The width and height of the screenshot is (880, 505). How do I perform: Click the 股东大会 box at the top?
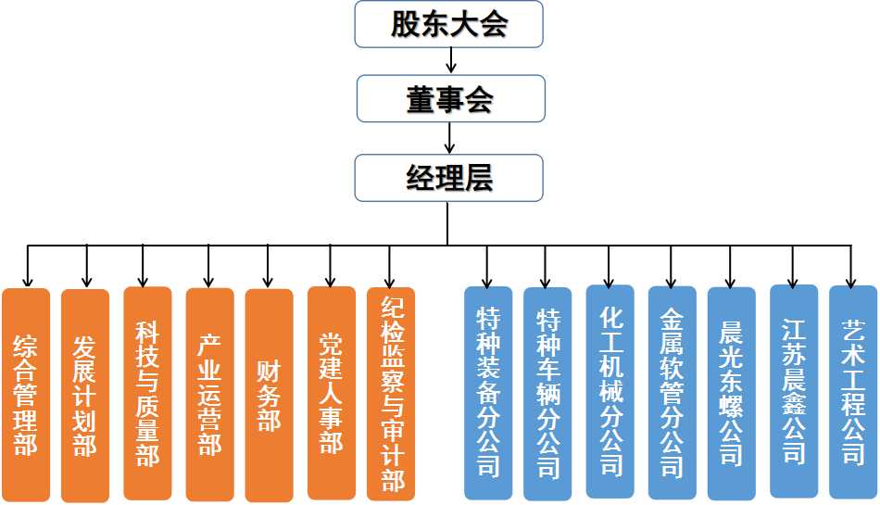point(448,24)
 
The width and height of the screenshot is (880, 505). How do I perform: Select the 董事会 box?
point(450,98)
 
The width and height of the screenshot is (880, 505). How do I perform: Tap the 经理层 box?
point(448,176)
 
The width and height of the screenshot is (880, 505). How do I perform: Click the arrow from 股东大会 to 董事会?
point(450,60)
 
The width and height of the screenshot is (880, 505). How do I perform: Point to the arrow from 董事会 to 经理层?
point(450,137)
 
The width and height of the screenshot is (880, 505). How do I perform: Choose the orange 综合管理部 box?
point(26,395)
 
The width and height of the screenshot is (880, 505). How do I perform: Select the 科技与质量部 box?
point(147,393)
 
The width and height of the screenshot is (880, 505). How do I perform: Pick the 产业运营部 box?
point(209,394)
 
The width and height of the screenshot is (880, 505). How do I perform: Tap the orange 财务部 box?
point(269,395)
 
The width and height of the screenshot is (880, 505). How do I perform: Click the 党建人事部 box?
point(331,393)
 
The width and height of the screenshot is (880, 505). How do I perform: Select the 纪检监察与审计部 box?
point(391,393)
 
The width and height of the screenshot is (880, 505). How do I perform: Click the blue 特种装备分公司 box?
point(487,393)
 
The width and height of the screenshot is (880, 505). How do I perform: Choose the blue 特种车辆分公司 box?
point(547,395)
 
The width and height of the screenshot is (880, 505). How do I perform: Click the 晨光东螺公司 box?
point(731,394)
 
